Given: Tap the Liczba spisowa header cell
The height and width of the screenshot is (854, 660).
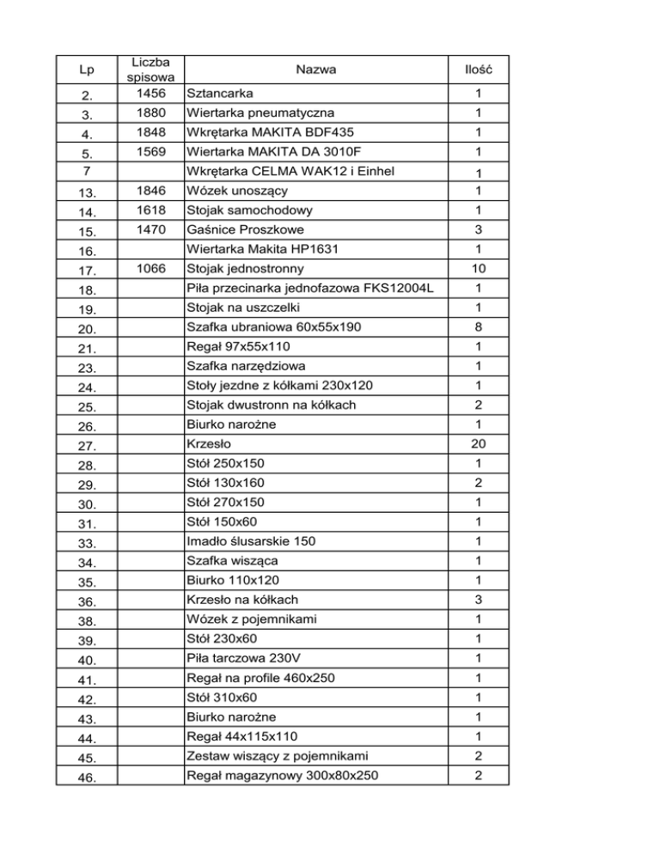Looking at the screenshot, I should (150, 69).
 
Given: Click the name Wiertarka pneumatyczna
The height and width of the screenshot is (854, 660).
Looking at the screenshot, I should (260, 113).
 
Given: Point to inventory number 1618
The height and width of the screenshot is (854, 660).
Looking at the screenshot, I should (150, 209).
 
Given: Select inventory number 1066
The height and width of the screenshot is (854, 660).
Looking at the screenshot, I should (150, 268).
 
